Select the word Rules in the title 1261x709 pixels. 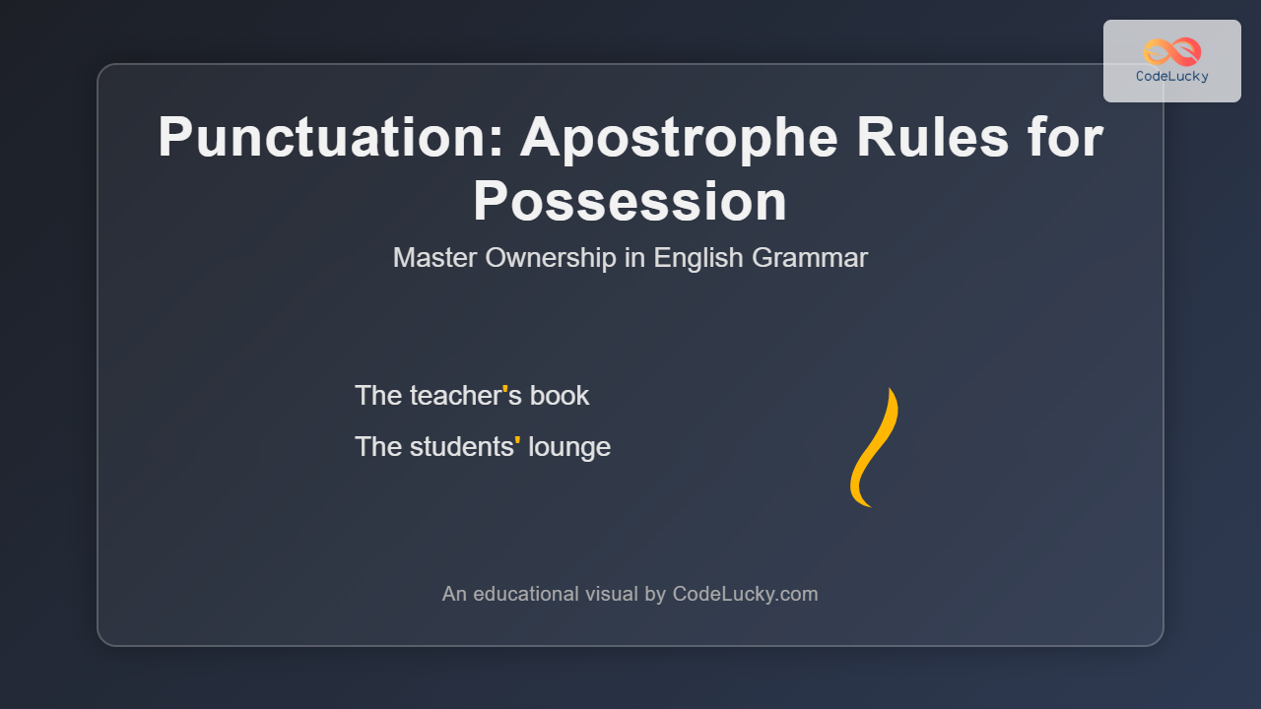point(933,137)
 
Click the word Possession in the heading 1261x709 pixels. point(630,201)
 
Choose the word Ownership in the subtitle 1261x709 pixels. point(550,258)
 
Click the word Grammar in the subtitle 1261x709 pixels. point(809,258)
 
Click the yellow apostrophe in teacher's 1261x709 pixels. point(505,389)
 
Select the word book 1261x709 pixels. point(559,395)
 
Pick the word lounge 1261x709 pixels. point(569,448)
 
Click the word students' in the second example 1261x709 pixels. point(465,447)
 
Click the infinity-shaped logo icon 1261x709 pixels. point(1172,52)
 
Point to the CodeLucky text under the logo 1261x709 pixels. point(1172,77)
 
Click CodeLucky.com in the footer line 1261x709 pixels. point(745,594)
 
